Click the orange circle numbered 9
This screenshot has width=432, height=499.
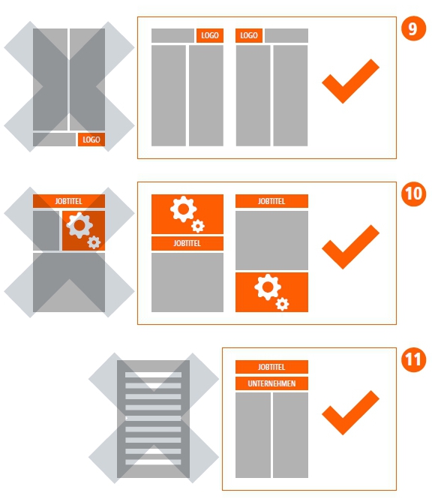tap(413, 29)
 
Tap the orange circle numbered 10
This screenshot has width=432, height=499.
tap(413, 194)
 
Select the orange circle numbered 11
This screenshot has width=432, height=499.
tap(413, 359)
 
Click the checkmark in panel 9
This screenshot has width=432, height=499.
tap(350, 81)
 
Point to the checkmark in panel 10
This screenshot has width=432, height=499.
tap(350, 247)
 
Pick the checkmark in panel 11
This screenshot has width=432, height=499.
tap(350, 413)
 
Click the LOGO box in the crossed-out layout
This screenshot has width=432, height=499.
tap(91, 140)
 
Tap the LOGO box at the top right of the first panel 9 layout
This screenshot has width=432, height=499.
tap(210, 35)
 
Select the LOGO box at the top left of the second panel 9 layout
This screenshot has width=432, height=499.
tap(249, 35)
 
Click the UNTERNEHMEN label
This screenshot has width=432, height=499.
tap(271, 383)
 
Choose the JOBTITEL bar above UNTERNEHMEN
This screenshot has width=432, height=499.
tap(271, 367)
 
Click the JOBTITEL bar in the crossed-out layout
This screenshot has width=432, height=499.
tap(69, 201)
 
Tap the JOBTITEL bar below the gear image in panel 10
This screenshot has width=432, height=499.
tap(187, 243)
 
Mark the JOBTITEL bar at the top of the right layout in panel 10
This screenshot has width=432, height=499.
tap(271, 201)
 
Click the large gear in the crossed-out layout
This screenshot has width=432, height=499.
tap(79, 225)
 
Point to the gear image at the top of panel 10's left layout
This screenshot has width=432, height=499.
tap(187, 214)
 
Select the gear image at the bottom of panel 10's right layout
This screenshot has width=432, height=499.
tap(271, 292)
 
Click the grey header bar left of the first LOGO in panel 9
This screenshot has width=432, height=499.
tap(172, 35)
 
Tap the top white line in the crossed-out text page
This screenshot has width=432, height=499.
tap(153, 375)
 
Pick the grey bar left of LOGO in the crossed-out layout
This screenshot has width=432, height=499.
tap(54, 140)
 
